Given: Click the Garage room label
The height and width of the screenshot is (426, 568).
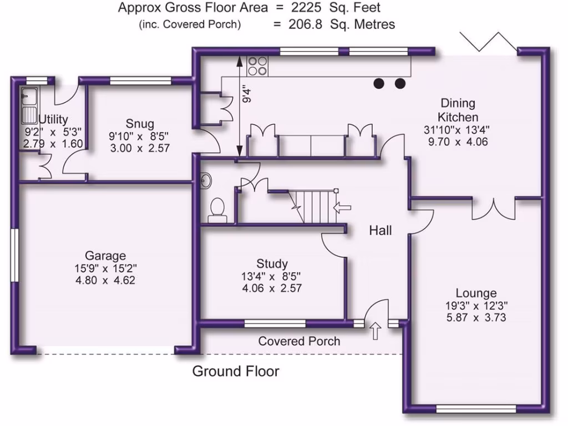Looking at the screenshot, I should [x=105, y=256].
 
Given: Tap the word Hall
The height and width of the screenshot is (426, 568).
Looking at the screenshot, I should [x=381, y=230].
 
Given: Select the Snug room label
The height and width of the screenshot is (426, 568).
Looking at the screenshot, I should [x=139, y=123].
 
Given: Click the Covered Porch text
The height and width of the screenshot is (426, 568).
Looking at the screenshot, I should [x=299, y=341].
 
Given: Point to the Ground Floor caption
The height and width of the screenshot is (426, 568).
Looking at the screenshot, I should [x=236, y=371].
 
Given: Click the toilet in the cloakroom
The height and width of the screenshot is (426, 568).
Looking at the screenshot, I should [x=217, y=210].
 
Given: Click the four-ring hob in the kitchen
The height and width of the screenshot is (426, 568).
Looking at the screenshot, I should [x=257, y=66].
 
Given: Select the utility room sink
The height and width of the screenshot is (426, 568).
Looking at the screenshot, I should [x=28, y=105].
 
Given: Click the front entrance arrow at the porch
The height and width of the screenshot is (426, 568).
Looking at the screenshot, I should [x=375, y=331].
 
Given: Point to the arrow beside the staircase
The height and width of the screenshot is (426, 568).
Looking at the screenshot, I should [x=343, y=207].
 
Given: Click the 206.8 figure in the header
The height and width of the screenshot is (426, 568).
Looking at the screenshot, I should [x=307, y=24].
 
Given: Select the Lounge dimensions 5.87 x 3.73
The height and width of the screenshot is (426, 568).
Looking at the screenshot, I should [x=476, y=318].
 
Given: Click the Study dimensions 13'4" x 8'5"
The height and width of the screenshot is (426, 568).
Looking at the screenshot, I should [x=272, y=276].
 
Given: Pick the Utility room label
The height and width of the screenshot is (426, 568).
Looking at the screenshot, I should [x=53, y=119].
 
